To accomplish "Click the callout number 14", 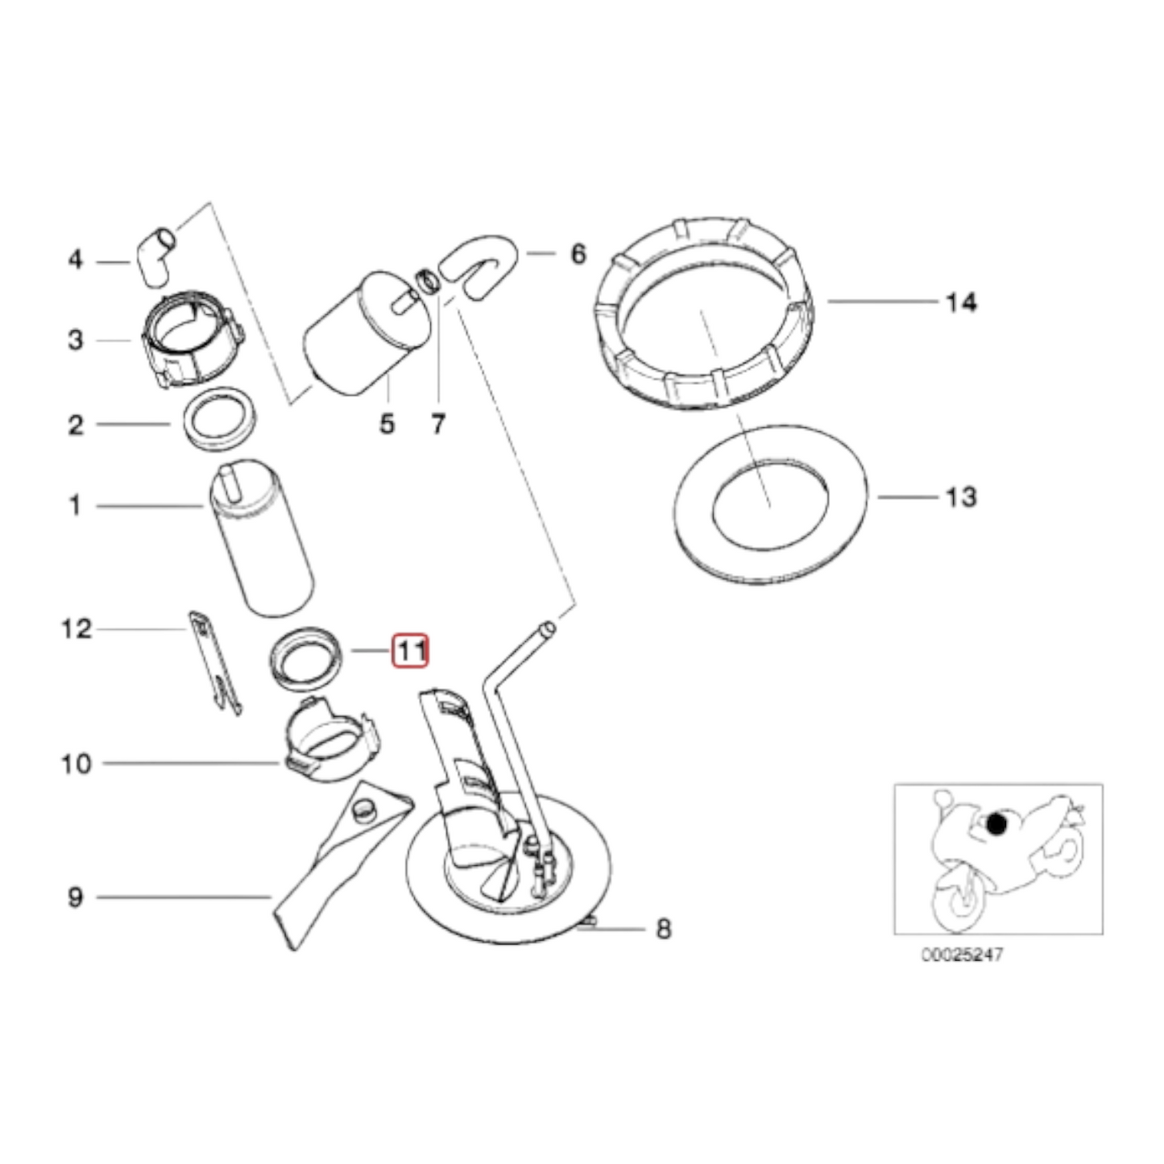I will pyautogui.click(x=961, y=303).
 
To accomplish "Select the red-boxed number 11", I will pyautogui.click(x=410, y=651).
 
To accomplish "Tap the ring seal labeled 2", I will pyautogui.click(x=219, y=420).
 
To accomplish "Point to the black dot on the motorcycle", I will pyautogui.click(x=996, y=824).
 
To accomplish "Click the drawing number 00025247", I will pyautogui.click(x=963, y=955).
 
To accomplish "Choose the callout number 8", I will pyautogui.click(x=663, y=929).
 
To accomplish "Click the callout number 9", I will pyautogui.click(x=75, y=897).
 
